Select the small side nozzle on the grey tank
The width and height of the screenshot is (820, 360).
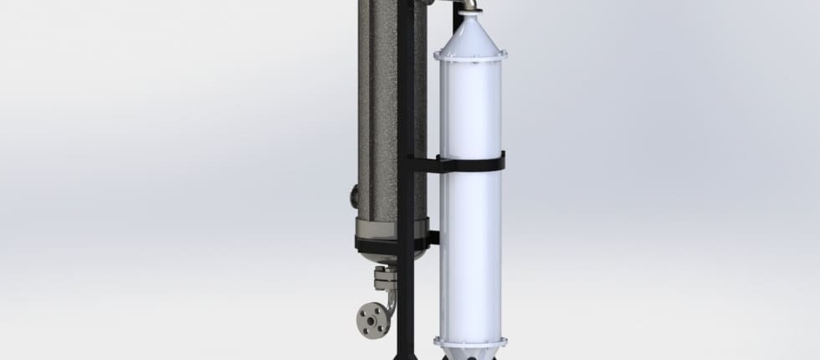tap(354, 198)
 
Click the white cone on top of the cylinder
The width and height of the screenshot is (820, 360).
tap(470, 33)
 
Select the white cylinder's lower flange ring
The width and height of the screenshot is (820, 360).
tap(470, 341)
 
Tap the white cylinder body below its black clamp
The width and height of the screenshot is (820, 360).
tap(470, 251)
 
